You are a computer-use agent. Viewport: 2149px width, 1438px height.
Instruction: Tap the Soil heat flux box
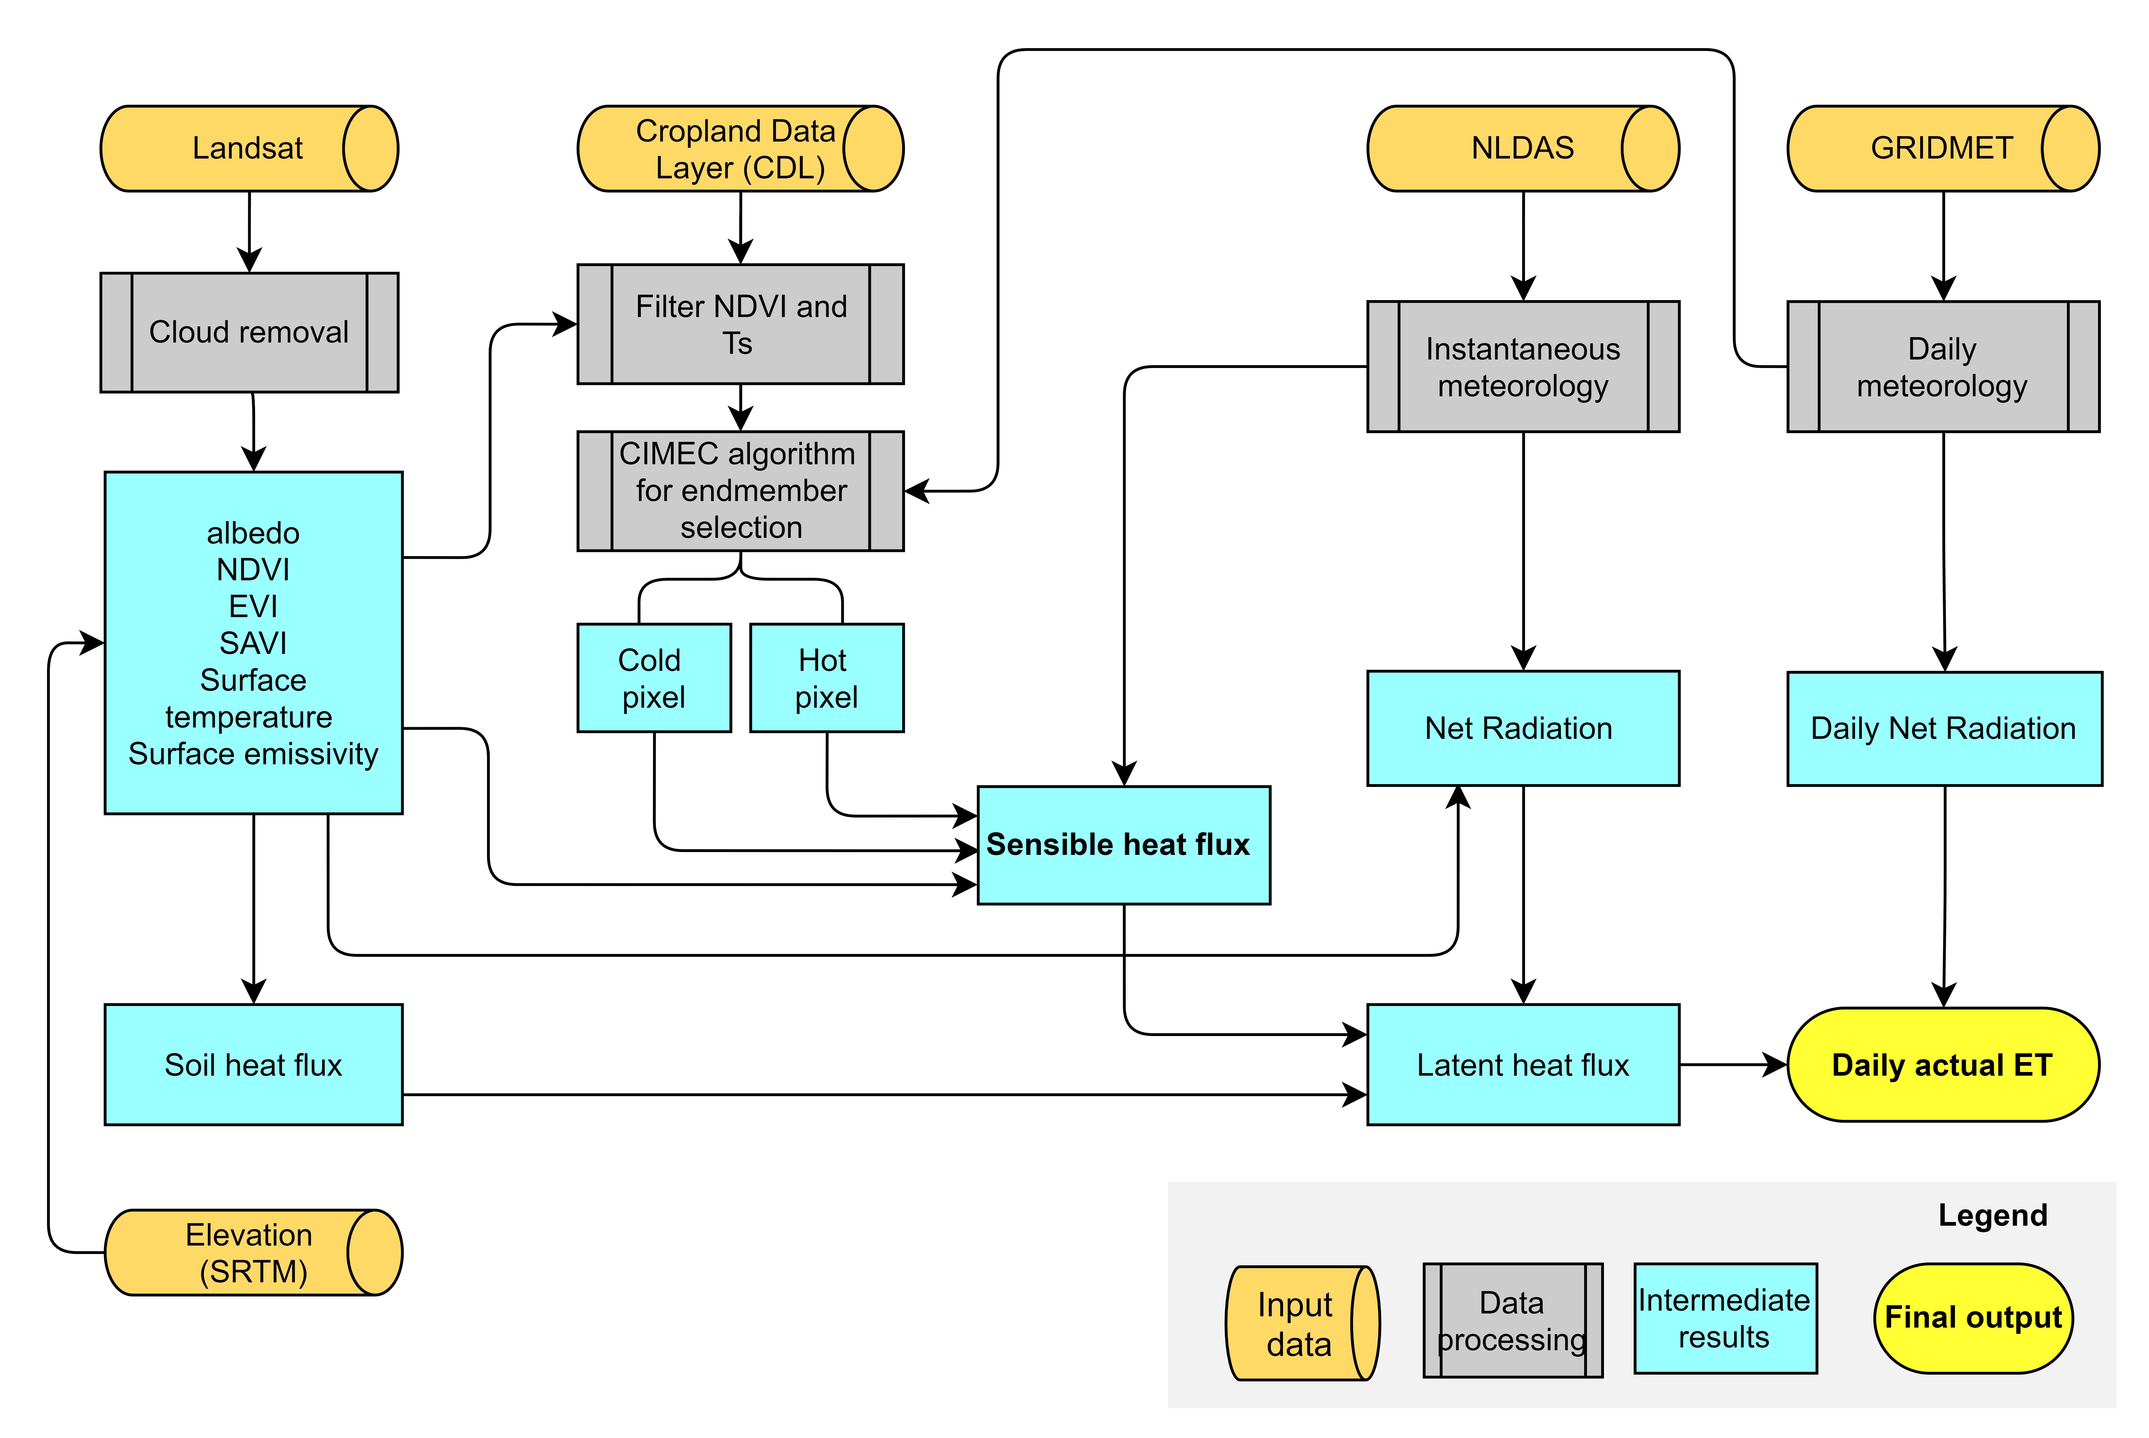pyautogui.click(x=253, y=1065)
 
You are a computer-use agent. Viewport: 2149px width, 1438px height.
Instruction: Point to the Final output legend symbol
pyautogui.click(x=1972, y=1318)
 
